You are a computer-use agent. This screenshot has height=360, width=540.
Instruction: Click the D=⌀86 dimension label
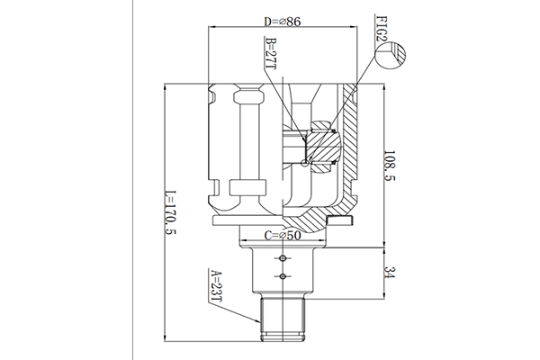[283, 22]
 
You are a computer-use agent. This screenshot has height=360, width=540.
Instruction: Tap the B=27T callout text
[272, 53]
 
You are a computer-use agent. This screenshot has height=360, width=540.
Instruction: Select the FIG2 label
[382, 28]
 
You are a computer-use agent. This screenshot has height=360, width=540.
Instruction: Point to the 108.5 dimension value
[390, 166]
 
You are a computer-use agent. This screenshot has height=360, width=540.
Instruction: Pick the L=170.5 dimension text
[170, 213]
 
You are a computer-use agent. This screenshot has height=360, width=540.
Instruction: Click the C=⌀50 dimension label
[283, 236]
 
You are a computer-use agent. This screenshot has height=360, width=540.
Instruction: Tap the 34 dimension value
[390, 273]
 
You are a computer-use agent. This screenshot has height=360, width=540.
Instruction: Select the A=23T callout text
[216, 285]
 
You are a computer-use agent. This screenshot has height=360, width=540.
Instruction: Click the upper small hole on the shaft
[283, 258]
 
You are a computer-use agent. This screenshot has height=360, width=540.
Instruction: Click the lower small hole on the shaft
[283, 276]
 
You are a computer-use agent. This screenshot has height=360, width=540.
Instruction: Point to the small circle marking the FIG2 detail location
[304, 163]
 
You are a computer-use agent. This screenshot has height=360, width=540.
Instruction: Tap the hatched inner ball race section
[322, 147]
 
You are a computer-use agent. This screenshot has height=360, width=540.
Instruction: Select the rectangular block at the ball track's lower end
[248, 188]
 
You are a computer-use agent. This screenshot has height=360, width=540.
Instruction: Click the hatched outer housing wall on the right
[349, 145]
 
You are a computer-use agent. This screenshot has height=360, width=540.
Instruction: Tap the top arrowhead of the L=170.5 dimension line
[166, 87]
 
